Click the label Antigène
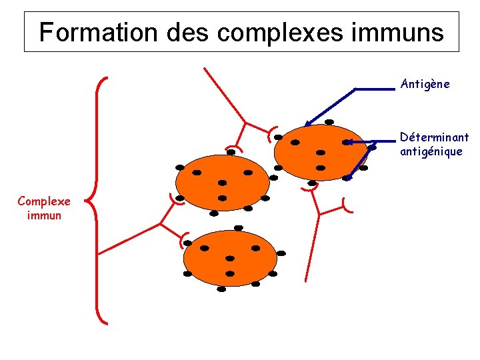click(x=425, y=84)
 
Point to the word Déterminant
click(x=434, y=137)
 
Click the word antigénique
click(x=431, y=152)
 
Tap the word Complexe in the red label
click(x=44, y=201)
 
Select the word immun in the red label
click(x=44, y=215)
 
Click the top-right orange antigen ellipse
click(x=320, y=152)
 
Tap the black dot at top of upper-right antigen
click(x=329, y=122)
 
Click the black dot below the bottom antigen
click(x=221, y=289)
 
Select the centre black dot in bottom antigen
click(x=230, y=258)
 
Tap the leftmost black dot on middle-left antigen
click(x=179, y=167)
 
